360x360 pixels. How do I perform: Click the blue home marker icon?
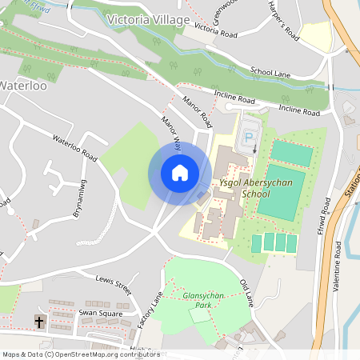[x=180, y=173]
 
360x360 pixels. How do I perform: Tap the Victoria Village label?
[x=147, y=18]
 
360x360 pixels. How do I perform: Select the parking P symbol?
[x=249, y=137]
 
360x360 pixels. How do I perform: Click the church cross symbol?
[x=38, y=322]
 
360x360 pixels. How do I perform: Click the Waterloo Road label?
[x=74, y=147]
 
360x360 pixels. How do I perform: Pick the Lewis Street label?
[x=112, y=282]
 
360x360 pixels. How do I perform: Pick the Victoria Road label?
[x=215, y=32]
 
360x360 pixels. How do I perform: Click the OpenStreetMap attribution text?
[x=80, y=354]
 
